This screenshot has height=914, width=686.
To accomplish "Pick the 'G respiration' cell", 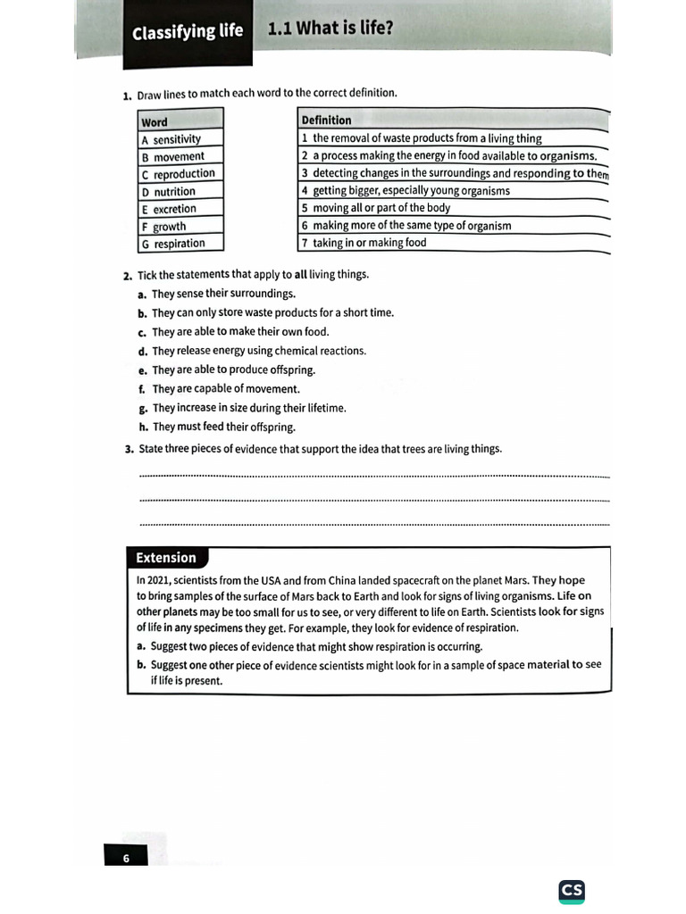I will tap(179, 243).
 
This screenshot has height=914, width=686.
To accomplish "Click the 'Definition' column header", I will tap(327, 120).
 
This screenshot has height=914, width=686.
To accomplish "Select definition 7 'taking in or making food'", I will tap(370, 242).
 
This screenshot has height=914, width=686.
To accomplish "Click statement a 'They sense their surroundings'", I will tap(222, 294).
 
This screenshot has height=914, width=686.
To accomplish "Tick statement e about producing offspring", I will tap(233, 370).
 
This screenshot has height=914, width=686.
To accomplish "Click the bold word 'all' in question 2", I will tap(300, 274).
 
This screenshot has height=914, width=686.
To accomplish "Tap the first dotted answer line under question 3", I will tap(375, 477).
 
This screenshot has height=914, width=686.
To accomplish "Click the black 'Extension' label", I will tap(166, 558).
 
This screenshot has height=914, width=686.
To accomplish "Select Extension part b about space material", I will tap(375, 671).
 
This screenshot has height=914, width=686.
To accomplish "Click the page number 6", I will tap(126, 858).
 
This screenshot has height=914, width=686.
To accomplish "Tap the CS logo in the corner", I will tap(572, 891).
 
